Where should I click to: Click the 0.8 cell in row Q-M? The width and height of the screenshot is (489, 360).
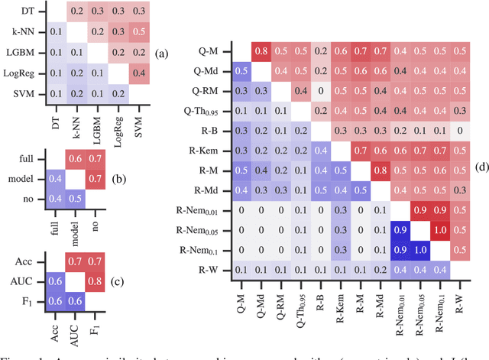(x=261, y=51)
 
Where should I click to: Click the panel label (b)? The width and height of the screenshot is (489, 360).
(x=161, y=176)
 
